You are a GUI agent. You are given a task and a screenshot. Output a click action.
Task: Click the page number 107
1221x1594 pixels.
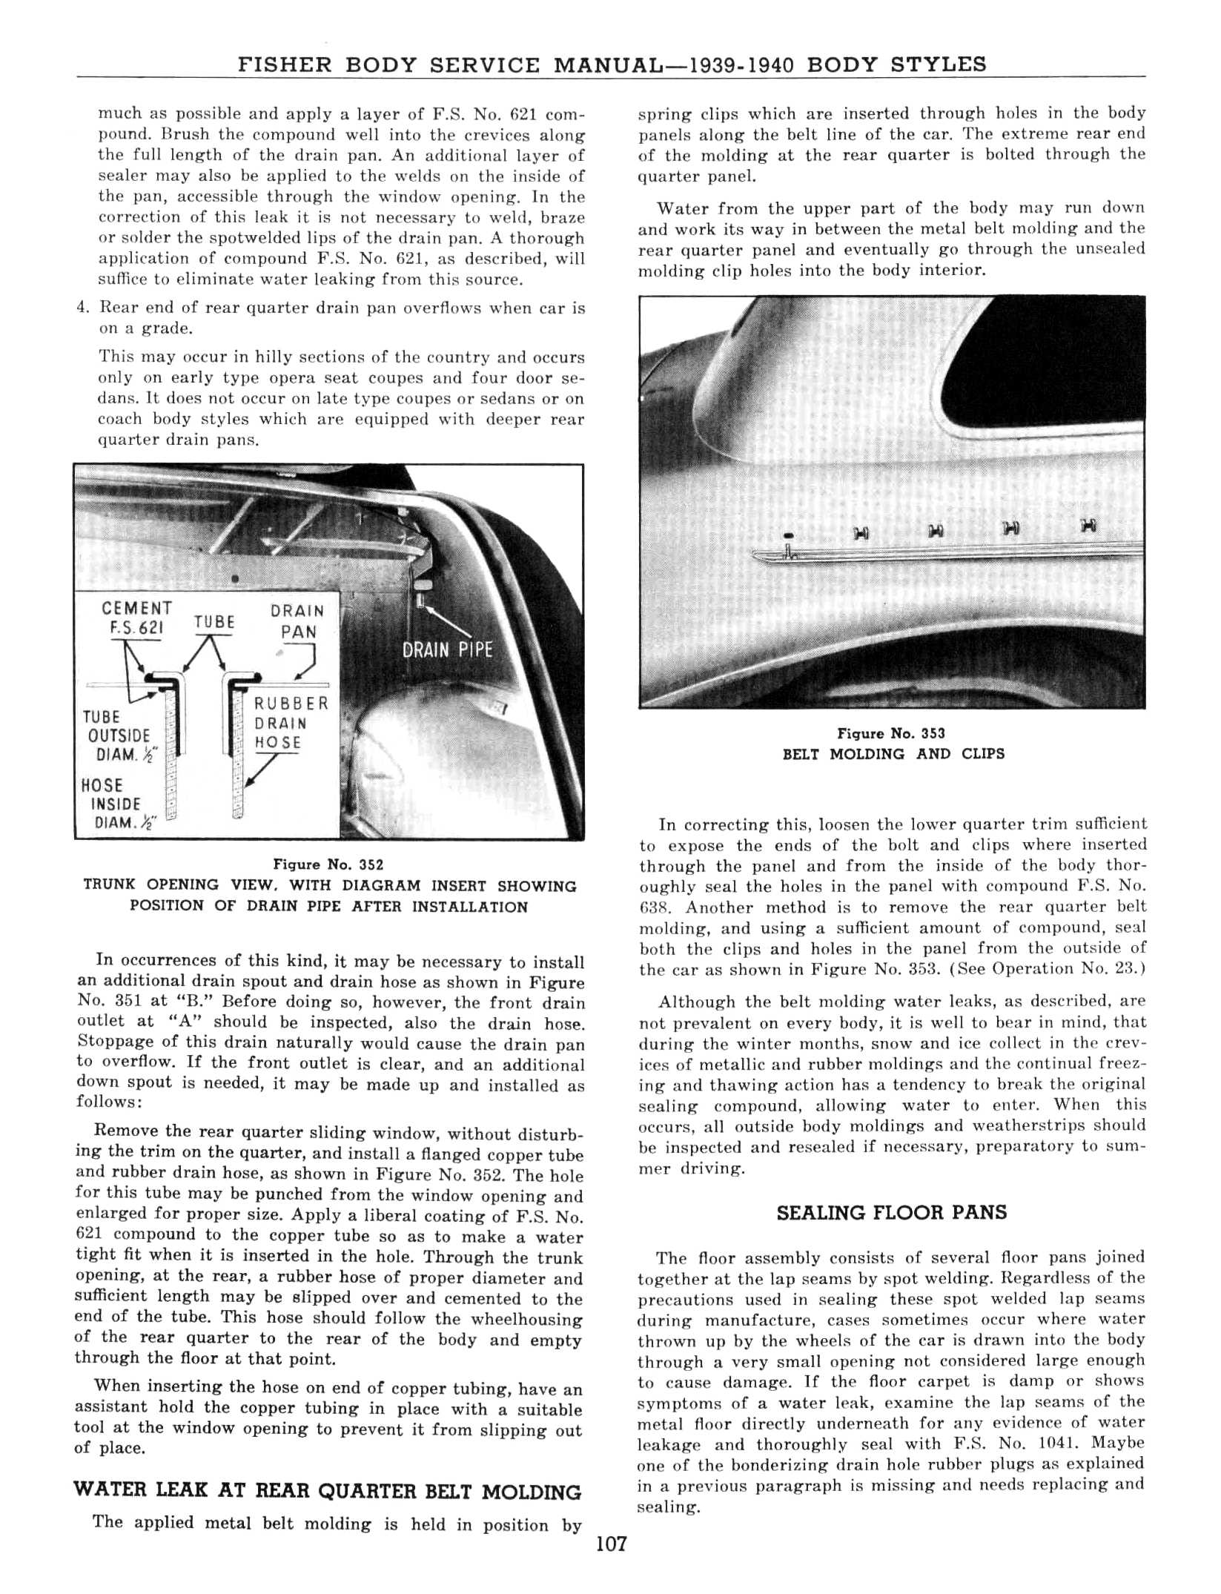pyautogui.click(x=611, y=1544)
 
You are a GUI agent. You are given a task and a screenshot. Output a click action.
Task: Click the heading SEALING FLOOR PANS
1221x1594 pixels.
pyautogui.click(x=891, y=1213)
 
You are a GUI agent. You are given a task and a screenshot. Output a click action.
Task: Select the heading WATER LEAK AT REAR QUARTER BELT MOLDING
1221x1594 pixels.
pyautogui.click(x=328, y=1492)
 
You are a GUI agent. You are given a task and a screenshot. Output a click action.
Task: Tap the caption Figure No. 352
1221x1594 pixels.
pyautogui.click(x=328, y=864)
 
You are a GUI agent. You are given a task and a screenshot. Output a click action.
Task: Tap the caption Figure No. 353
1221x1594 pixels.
pyautogui.click(x=891, y=734)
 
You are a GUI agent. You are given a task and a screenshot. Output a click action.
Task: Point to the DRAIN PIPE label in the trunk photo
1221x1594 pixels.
pyautogui.click(x=447, y=650)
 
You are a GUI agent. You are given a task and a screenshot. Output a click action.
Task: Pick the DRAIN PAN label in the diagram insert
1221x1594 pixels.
pyautogui.click(x=297, y=621)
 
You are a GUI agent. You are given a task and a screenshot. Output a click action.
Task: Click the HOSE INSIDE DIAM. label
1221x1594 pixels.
pyautogui.click(x=113, y=804)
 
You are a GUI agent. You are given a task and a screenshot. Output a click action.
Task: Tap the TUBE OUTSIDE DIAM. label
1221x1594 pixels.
pyautogui.click(x=119, y=736)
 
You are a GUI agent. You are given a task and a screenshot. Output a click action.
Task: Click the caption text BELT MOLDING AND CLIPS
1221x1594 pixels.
pyautogui.click(x=893, y=754)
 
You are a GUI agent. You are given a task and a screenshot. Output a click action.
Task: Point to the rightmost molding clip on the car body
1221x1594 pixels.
pyautogui.click(x=1088, y=526)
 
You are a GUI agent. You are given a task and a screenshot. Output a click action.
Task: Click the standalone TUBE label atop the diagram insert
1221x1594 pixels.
pyautogui.click(x=214, y=621)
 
